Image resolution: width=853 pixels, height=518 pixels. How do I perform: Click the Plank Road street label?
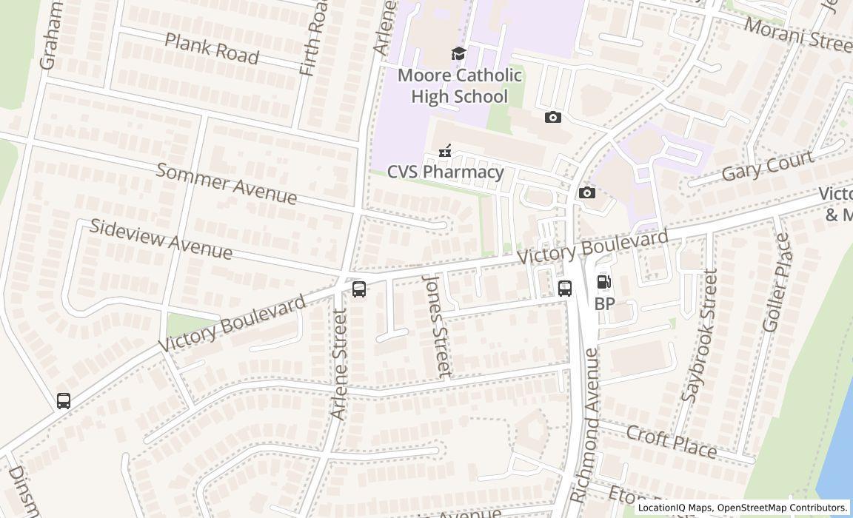[211, 48]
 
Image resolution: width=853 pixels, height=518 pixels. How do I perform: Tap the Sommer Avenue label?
[227, 184]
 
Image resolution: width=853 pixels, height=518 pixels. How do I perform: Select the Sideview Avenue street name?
[161, 239]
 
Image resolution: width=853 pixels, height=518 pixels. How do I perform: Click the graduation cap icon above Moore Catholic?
[459, 53]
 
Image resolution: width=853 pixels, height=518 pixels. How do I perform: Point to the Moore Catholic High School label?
[459, 86]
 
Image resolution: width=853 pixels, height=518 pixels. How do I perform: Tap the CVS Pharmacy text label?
[445, 172]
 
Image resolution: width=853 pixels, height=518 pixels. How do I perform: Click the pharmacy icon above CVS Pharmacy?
[445, 151]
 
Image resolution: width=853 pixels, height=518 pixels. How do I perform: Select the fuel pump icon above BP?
[604, 282]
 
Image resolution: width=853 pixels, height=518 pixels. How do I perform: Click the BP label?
[604, 304]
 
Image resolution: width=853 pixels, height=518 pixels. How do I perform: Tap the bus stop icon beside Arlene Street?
[359, 289]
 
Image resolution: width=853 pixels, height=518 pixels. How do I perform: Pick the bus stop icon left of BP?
[565, 288]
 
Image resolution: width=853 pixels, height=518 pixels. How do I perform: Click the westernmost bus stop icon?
[64, 400]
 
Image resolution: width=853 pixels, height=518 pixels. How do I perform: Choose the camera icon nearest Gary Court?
[586, 193]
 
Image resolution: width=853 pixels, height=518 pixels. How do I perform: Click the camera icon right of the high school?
[552, 117]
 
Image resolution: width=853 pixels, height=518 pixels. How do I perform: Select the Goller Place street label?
[776, 283]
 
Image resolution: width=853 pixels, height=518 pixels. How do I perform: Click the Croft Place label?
[671, 442]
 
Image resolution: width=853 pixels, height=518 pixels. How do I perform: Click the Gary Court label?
[767, 166]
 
